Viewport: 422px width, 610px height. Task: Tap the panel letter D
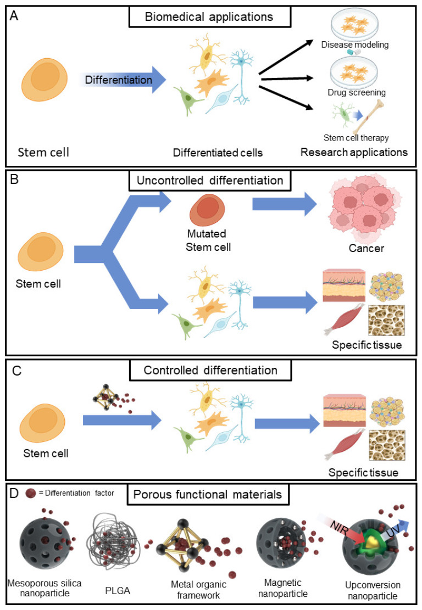pos(14,493)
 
